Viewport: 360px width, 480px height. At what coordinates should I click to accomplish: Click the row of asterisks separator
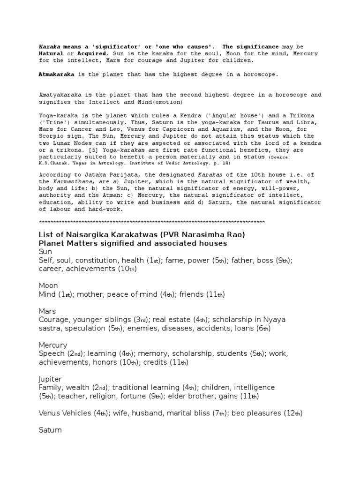152,222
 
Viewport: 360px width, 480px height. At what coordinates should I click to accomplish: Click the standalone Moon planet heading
49,285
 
